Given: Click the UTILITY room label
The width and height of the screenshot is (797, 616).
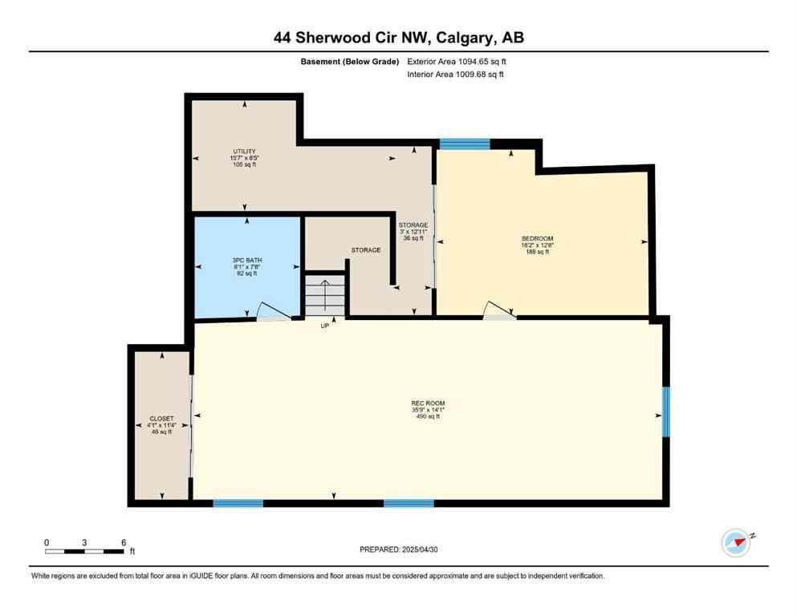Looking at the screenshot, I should coord(244,152).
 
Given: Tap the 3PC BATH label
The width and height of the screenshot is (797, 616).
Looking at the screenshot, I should coord(247,261).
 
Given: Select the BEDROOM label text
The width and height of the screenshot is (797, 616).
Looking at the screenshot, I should coord(537,238).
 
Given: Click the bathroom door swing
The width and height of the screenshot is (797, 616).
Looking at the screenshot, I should coord(269,313).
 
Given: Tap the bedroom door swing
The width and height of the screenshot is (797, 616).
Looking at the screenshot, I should coord(497,310).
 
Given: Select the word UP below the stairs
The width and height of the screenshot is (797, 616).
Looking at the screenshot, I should coord(325,326).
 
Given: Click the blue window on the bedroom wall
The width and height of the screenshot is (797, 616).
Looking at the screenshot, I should coord(464,144).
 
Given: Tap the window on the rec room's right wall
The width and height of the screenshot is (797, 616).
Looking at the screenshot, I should coord(665,412).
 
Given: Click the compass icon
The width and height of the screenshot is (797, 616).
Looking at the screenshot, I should coord(735,543).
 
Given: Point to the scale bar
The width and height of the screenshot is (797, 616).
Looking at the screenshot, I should coord(84,551).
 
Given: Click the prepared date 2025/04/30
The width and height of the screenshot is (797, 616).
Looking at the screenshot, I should coord(399,549).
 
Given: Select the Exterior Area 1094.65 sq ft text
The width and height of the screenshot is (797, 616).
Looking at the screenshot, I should coord(457,61).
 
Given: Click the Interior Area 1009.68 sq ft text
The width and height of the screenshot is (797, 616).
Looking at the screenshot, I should coord(456,75).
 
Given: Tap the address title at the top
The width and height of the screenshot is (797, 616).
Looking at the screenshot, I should coord(398,38).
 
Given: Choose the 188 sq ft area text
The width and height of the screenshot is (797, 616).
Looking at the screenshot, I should coord(537,252).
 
